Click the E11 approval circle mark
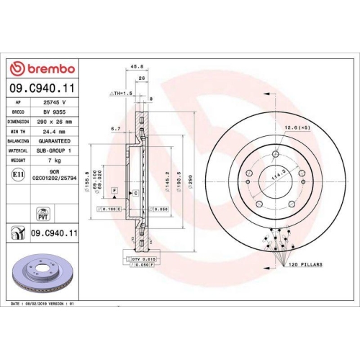click(19, 173)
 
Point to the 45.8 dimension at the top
click(135, 68)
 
